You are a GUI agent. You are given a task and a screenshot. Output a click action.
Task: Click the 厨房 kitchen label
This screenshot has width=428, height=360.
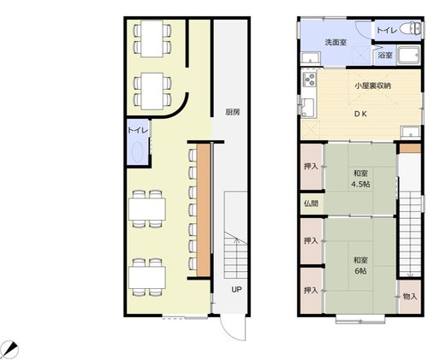point(232,112)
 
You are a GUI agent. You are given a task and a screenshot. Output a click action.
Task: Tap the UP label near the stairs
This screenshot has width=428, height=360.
point(236,290)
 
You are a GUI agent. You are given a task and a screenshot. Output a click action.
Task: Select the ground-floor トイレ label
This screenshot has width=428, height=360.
point(138,131)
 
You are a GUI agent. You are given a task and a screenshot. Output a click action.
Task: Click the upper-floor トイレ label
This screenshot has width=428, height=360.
point(387,30)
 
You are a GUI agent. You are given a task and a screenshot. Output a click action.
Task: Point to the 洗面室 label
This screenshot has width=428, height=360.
point(336,43)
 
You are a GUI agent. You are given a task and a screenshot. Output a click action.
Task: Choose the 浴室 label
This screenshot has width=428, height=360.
point(385,56)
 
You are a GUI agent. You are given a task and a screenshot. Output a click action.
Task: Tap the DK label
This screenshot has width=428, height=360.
point(360,114)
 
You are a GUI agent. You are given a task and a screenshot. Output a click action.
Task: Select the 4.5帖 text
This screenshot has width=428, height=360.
point(360,185)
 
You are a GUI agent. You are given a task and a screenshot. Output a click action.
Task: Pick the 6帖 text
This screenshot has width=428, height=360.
point(360,271)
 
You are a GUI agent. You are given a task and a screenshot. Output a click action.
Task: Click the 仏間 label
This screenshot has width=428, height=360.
point(311,204)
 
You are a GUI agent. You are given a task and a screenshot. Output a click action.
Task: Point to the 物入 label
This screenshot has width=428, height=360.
point(410,297)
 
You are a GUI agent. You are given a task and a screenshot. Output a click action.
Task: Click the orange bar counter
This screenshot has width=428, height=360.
point(204,210)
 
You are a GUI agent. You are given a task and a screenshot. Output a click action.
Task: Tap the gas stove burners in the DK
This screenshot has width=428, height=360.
point(309,80)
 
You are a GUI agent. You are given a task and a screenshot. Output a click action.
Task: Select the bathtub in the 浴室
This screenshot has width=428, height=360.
point(409,55)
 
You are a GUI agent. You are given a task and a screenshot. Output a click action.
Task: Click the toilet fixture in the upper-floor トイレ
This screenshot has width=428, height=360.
point(410,29)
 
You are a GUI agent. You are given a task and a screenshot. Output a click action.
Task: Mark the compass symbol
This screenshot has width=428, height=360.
point(11,349)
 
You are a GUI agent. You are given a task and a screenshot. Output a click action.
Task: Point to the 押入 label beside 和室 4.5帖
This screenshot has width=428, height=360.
point(311,167)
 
